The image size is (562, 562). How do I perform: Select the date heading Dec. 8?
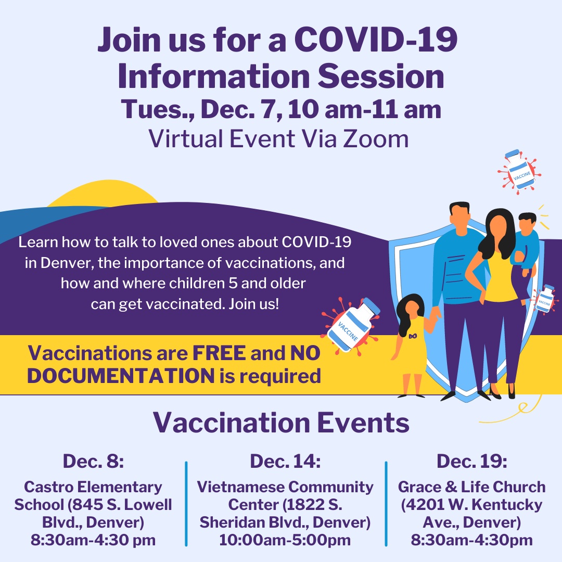pos(93,461)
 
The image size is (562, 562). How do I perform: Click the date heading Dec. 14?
pos(285,461)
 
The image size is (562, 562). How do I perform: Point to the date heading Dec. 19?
pos(471,461)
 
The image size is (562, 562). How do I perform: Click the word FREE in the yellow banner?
pos(219,353)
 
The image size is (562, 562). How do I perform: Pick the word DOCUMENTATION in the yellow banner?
pos(121,376)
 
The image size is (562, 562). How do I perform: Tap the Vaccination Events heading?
pos(281,423)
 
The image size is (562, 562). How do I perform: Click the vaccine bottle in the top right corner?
pos(518,170)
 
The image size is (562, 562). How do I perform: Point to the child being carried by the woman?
pos(526,239)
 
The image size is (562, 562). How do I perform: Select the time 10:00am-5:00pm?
pos(285,540)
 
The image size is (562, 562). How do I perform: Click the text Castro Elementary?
pos(93,488)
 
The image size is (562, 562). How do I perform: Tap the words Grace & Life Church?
pos(471,488)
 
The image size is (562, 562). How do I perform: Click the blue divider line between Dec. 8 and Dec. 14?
pos(186,503)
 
